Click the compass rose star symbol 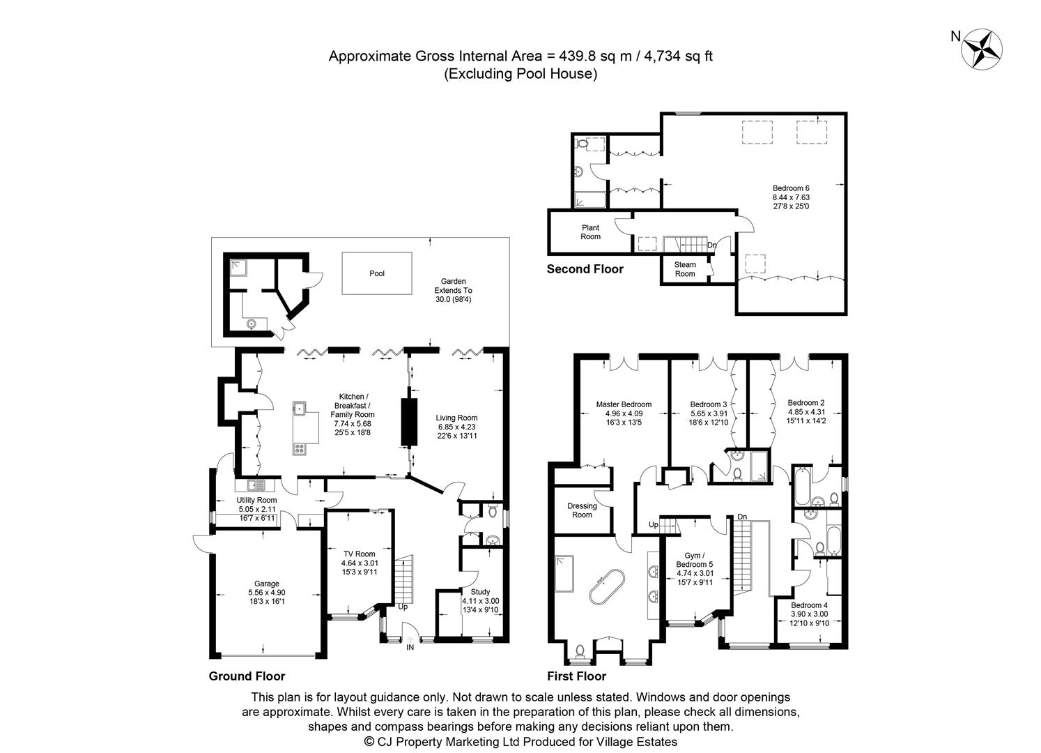(982, 48)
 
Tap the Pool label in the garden (377, 273)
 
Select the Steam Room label (685, 269)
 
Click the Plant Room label (591, 232)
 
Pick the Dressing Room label (582, 510)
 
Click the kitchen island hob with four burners (300, 449)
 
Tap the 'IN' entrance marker (410, 648)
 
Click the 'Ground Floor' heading (247, 676)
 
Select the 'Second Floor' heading (585, 269)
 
